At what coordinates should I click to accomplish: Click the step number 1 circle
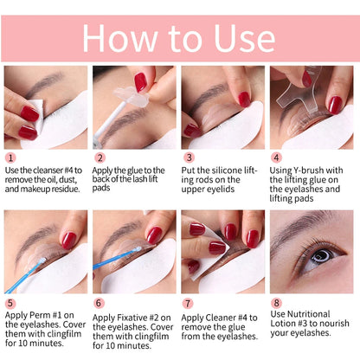coord(10,157)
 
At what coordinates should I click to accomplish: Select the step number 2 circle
coord(100,157)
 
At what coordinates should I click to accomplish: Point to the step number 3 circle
coord(189,157)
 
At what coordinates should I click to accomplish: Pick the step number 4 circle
coord(277,157)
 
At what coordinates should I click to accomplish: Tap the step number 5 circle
coord(10,303)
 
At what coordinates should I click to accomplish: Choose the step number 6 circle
coord(100,303)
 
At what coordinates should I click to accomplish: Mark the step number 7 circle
coord(189,303)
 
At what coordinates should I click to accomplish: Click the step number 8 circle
coord(277,303)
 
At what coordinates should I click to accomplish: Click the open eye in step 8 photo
coord(318,257)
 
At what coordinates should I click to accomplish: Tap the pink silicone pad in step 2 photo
coord(140,84)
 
